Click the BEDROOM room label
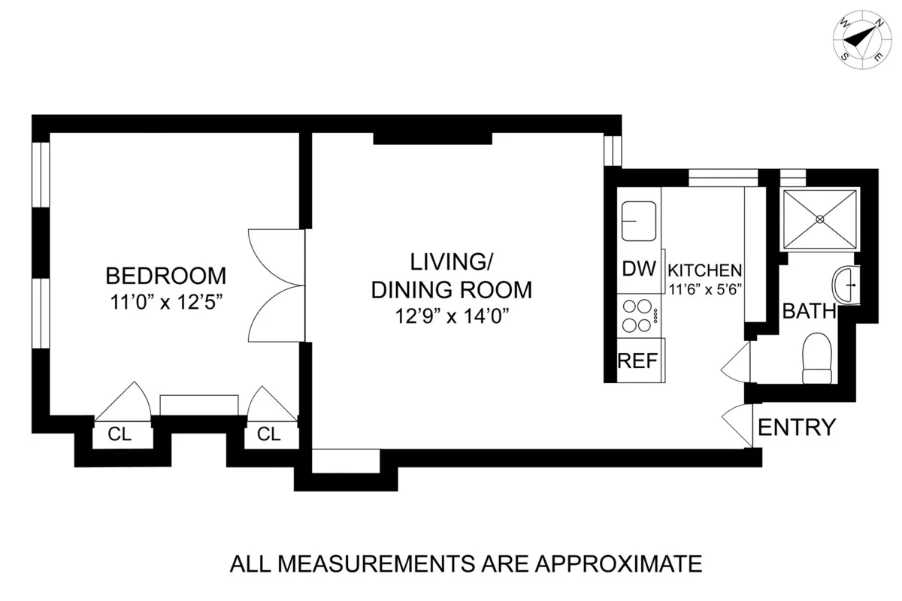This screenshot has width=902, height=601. click(165, 275)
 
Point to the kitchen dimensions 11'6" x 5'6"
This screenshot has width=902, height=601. click(706, 288)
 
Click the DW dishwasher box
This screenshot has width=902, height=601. click(639, 269)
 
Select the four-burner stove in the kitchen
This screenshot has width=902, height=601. click(638, 316)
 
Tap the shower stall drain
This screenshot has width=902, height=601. click(820, 219)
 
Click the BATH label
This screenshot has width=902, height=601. click(809, 311)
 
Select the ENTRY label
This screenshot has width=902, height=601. click(796, 427)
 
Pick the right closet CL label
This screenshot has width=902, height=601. click(268, 434)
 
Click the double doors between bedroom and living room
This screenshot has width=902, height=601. click(277, 285)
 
